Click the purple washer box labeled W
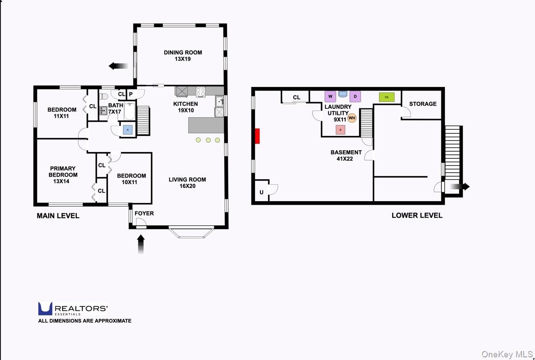pyautogui.click(x=330, y=96)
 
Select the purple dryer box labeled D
pyautogui.click(x=355, y=96)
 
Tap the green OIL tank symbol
pyautogui.click(x=387, y=97)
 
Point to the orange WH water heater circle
pyautogui.click(x=352, y=118)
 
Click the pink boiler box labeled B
pyautogui.click(x=340, y=130)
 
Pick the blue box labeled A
pyautogui.click(x=128, y=130)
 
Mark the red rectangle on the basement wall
pyautogui.click(x=257, y=136)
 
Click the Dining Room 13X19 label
pyautogui.click(x=183, y=56)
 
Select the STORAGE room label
pyautogui.click(x=423, y=104)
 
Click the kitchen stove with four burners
pyautogui.click(x=201, y=92)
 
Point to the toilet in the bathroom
pyautogui.click(x=103, y=96)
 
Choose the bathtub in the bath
pyautogui.click(x=130, y=111)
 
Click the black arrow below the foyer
pyautogui.click(x=141, y=244)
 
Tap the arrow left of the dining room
pyautogui.click(x=119, y=66)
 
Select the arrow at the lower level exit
pyautogui.click(x=460, y=186)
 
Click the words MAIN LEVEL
pyautogui.click(x=58, y=216)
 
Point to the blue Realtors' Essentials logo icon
pyautogui.click(x=45, y=309)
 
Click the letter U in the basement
pyautogui.click(x=262, y=192)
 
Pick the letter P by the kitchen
pyautogui.click(x=131, y=94)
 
